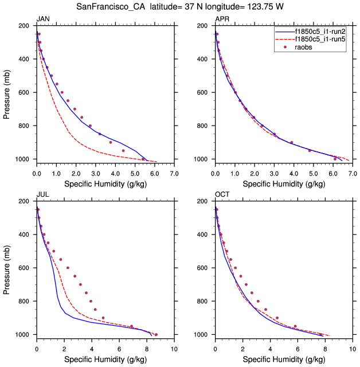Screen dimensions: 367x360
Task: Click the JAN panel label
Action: (x=42, y=19)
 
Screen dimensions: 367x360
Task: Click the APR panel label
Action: (x=222, y=19)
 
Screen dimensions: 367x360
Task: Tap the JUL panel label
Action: (x=42, y=195)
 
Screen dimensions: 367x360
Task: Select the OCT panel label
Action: (x=222, y=195)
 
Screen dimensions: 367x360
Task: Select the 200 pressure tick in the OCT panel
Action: (x=202, y=201)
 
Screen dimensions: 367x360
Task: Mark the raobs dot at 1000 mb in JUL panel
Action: (x=156, y=334)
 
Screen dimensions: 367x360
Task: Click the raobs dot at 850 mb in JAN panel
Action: (x=100, y=134)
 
